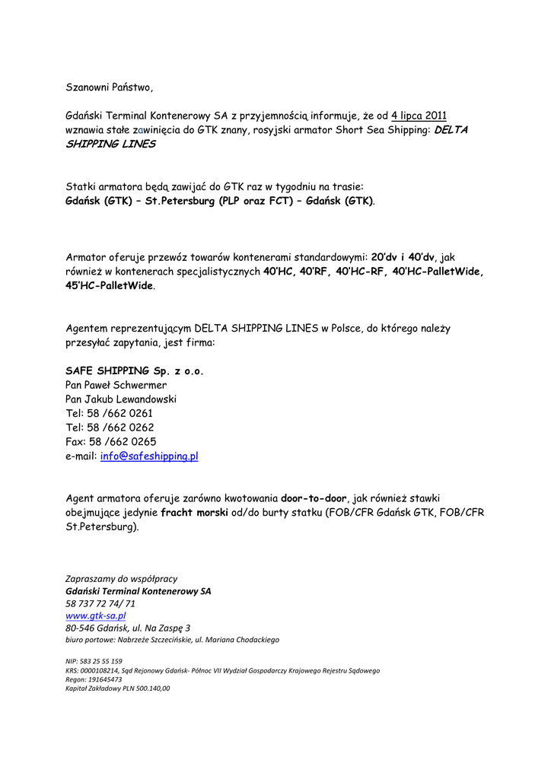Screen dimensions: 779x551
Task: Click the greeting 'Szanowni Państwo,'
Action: (x=110, y=87)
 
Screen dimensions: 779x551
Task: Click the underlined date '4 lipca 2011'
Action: (x=419, y=116)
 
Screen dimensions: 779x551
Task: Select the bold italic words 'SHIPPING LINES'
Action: (x=110, y=144)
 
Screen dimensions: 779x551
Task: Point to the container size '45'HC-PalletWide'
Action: (x=110, y=286)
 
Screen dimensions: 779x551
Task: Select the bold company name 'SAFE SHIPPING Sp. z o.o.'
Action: (x=135, y=371)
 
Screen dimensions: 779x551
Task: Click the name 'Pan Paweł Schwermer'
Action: (x=116, y=385)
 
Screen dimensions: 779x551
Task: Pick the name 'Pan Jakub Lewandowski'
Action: (x=121, y=399)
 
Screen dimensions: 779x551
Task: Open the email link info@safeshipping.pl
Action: (x=149, y=456)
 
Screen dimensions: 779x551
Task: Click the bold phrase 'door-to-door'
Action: (x=314, y=498)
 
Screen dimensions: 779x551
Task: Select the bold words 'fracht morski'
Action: (x=194, y=513)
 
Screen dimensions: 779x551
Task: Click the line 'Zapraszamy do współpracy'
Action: (x=122, y=579)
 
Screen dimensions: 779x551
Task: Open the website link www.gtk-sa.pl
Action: (x=96, y=615)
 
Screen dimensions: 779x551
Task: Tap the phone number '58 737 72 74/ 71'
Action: (x=100, y=603)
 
